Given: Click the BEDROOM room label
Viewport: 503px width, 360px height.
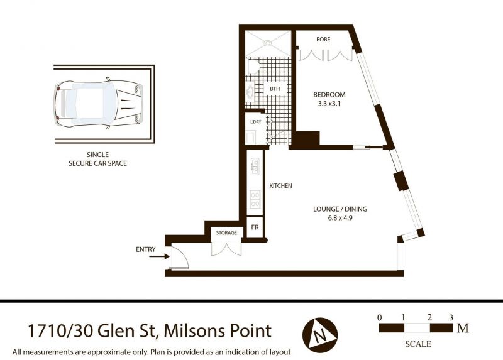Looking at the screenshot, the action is (x=329, y=95).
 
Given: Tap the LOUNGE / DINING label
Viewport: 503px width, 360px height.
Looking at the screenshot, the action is (x=340, y=209).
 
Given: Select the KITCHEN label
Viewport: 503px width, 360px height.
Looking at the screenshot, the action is (x=280, y=185).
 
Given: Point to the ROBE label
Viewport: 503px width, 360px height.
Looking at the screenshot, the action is (x=323, y=39).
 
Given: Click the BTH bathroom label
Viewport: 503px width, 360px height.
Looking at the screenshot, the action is (x=275, y=89).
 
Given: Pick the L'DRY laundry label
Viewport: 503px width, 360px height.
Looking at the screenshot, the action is (x=256, y=122).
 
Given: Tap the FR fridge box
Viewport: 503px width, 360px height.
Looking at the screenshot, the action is (x=255, y=227).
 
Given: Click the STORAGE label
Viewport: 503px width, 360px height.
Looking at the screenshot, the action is (x=226, y=232).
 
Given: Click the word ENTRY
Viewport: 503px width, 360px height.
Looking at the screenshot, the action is (x=146, y=249).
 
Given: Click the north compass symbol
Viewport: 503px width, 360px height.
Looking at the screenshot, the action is (x=320, y=335).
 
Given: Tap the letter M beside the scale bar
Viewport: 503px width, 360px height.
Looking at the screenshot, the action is (x=463, y=328).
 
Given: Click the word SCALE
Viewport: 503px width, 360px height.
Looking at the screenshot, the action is (x=418, y=344).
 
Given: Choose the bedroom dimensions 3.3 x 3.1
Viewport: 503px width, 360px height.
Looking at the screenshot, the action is (x=329, y=104).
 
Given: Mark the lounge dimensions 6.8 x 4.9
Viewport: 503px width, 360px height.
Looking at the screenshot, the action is (x=340, y=218).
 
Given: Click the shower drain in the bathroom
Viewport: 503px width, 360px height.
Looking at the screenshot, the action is (x=267, y=43).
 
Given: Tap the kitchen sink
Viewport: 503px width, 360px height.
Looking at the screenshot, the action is (x=255, y=166).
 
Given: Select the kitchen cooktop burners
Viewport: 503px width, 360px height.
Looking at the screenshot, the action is (x=255, y=199).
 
